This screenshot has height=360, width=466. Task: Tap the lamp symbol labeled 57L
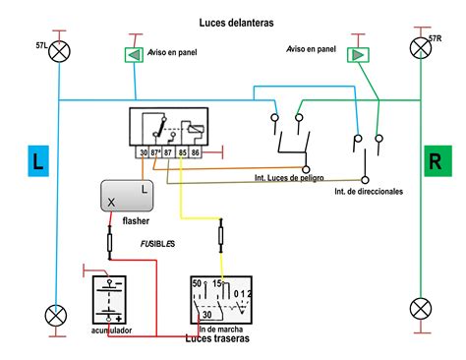(x=60, y=51)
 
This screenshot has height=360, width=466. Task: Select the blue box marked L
(x=37, y=162)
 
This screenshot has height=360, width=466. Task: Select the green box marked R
(x=434, y=162)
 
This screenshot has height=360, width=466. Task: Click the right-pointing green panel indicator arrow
(x=356, y=54)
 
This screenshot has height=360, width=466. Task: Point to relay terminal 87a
(x=157, y=152)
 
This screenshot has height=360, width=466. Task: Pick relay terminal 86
(x=195, y=152)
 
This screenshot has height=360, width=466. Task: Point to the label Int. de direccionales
(x=368, y=191)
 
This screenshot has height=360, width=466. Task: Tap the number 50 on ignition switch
(x=197, y=284)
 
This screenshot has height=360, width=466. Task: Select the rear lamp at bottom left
(x=57, y=315)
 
